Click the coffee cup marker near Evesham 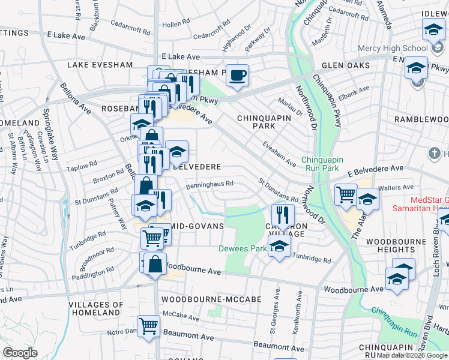pos(237,75)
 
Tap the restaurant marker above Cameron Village pos(282,215)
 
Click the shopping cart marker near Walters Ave pos(346,195)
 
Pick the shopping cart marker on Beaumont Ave pos(149,327)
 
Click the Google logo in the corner pos(20,353)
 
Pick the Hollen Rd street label pos(175,24)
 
